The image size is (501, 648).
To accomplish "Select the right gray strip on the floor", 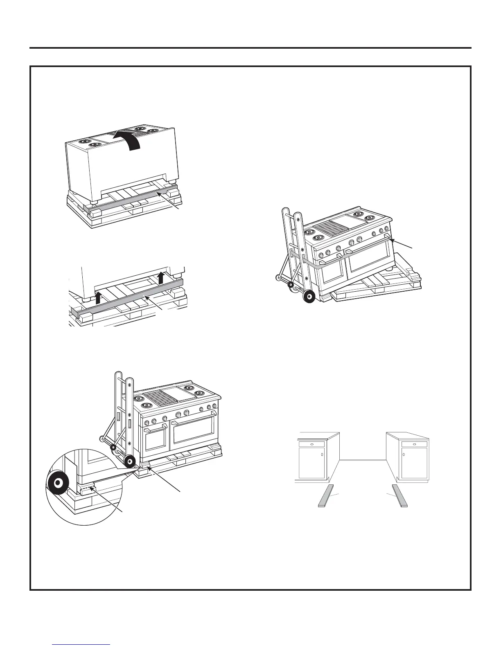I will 400,496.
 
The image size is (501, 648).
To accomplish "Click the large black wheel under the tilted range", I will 308,296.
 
